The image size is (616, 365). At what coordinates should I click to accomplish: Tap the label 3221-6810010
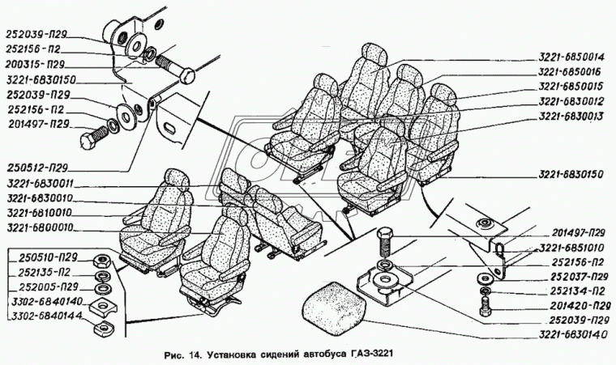click(x=38, y=212)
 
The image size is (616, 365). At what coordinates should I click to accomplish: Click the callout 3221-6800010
click(x=38, y=227)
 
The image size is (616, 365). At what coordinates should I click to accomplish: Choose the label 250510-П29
click(x=38, y=257)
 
